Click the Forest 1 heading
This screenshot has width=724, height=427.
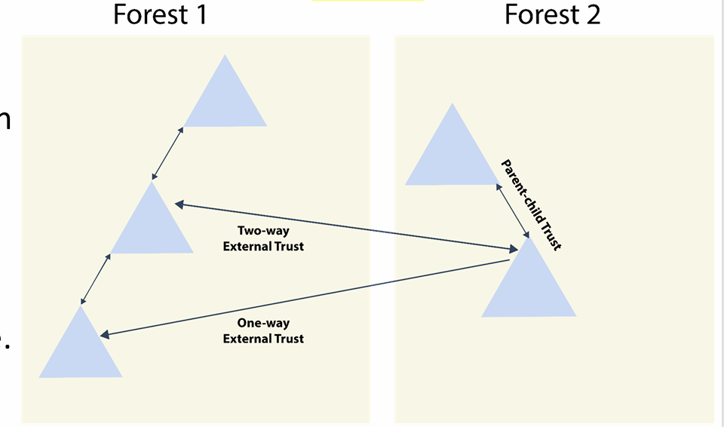coord(159,14)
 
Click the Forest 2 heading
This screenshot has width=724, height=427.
coord(552,14)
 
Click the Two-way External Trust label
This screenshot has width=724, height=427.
coord(263,238)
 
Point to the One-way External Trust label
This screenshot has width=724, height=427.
coord(263,331)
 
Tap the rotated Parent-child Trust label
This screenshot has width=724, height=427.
coord(532,204)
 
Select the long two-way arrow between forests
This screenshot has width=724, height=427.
coord(346,226)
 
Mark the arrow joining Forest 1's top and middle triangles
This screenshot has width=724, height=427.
coord(167,153)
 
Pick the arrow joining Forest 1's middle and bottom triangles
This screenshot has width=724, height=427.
coord(96,279)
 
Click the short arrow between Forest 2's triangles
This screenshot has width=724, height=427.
coord(512,211)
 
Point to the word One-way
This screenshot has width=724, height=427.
coord(263,324)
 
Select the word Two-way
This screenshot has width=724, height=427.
coord(263,231)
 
